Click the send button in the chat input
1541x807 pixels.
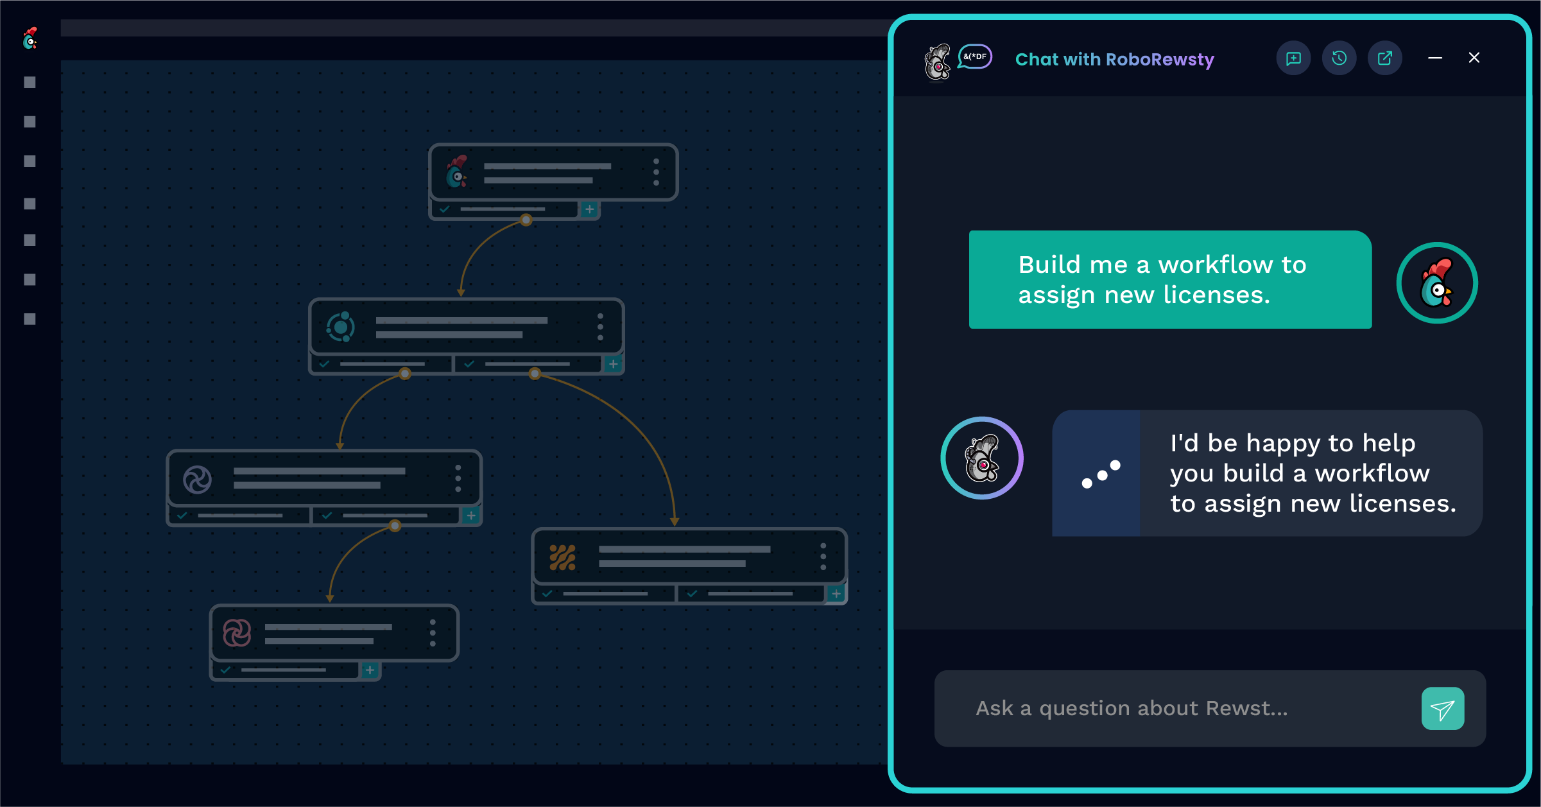point(1442,709)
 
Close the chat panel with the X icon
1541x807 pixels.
point(1474,58)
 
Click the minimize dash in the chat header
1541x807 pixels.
point(1435,58)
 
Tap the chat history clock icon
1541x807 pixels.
point(1339,58)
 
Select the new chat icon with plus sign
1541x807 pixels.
point(1293,58)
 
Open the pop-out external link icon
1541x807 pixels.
point(1385,58)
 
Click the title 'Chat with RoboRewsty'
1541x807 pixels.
point(1114,59)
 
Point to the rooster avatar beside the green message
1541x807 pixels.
point(1437,283)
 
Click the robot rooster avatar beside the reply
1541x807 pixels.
point(982,458)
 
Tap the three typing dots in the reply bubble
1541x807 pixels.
point(1101,474)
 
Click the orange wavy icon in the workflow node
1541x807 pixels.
point(562,557)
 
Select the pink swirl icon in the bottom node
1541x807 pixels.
point(237,633)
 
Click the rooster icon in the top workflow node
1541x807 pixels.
point(456,172)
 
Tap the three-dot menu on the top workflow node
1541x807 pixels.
point(656,172)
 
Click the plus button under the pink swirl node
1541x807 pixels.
point(370,670)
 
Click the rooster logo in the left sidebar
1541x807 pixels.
point(30,39)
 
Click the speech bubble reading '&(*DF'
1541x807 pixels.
point(975,56)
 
